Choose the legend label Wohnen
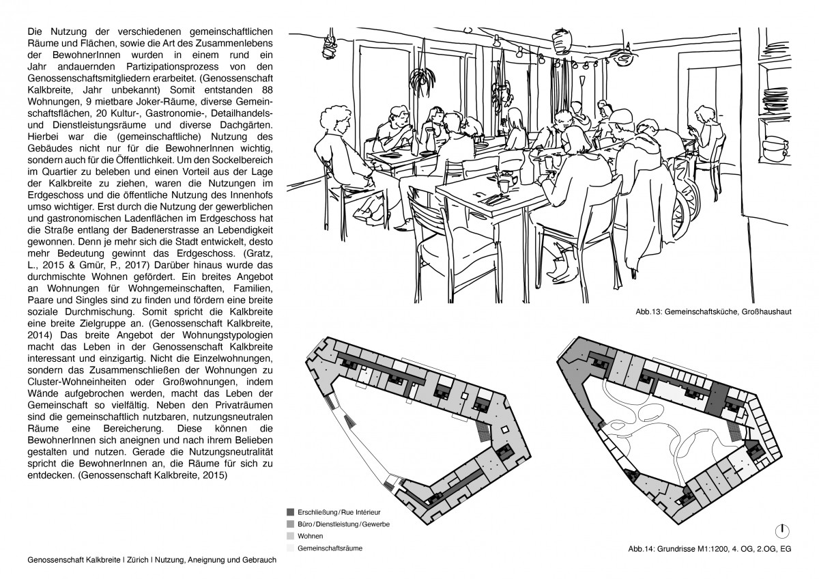(x=311, y=536)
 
